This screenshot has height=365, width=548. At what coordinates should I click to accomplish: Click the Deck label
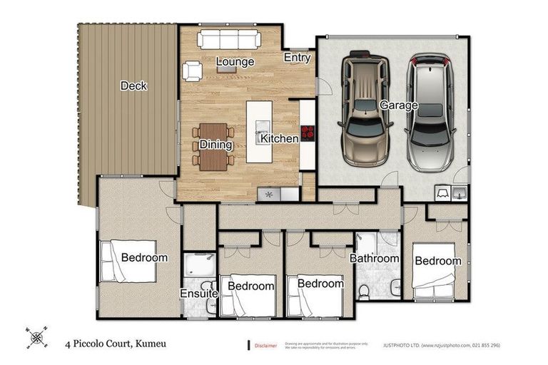click(133, 86)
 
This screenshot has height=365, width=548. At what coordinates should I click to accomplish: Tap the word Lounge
click(235, 62)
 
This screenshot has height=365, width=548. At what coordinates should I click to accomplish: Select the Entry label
click(297, 57)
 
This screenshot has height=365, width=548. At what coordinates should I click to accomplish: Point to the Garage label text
click(399, 106)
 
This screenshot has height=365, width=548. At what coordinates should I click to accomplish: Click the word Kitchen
click(279, 138)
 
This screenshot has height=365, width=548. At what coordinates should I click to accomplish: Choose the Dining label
click(215, 145)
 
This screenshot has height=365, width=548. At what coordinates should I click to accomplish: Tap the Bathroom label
click(374, 258)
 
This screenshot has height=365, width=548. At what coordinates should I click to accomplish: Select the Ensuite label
click(198, 294)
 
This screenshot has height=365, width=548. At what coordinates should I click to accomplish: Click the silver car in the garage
click(430, 110)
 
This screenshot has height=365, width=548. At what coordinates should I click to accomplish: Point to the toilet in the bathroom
click(364, 289)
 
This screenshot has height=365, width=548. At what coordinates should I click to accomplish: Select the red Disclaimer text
click(265, 346)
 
